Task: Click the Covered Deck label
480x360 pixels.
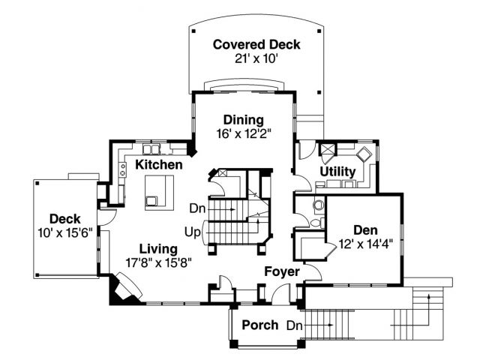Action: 256,45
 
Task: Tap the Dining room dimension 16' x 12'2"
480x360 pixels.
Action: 244,133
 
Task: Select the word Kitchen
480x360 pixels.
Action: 159,165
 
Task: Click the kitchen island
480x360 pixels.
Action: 159,193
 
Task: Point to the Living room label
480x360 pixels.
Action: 158,249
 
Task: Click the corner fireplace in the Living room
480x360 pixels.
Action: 126,289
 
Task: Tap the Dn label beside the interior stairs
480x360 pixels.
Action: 197,208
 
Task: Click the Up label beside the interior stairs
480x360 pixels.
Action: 192,232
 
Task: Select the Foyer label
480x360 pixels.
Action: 282,271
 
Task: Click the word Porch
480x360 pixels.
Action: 260,325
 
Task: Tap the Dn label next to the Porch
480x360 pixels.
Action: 295,325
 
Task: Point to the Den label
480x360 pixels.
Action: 365,230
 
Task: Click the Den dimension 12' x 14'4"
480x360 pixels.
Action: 366,244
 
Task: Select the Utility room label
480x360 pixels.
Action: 337,172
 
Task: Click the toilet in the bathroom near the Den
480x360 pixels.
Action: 318,204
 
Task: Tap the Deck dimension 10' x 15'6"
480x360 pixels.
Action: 65,233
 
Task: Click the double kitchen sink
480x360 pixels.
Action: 151,149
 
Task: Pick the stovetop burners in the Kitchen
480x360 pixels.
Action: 123,169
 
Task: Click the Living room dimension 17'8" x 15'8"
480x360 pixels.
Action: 158,262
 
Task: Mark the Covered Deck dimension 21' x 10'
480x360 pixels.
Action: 256,58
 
